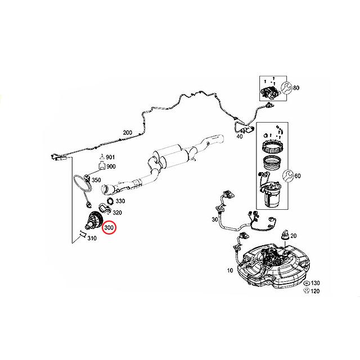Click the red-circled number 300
(x=109, y=228)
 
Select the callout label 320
(x=118, y=213)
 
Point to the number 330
(x=121, y=200)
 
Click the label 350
(x=96, y=181)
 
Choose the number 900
(x=111, y=166)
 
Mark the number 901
(x=111, y=157)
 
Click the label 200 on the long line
(x=127, y=133)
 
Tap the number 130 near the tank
(x=316, y=283)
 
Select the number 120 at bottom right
(x=316, y=292)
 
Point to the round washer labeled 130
(x=306, y=283)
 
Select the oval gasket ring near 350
(x=82, y=181)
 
